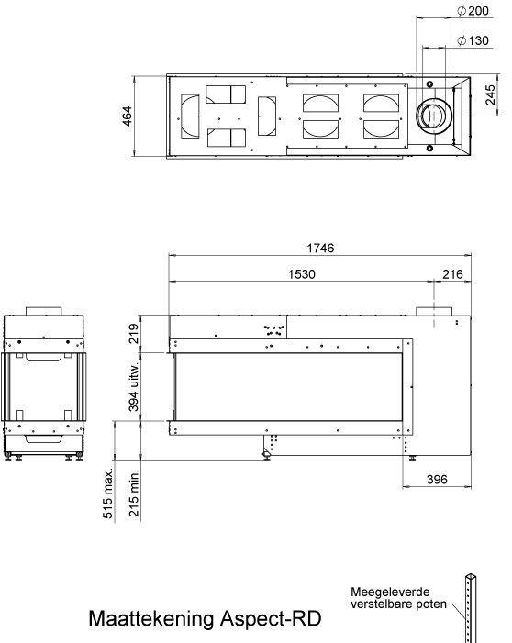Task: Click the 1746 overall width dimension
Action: pos(320,248)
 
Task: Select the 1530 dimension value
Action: pos(302,274)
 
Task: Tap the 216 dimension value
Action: pos(452,274)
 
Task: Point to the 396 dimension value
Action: pos(437,479)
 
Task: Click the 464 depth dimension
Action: pos(128,116)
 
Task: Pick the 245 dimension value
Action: pos(491,94)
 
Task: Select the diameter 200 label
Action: pos(473,11)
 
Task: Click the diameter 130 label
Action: pos(473,40)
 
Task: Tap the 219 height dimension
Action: pos(133,334)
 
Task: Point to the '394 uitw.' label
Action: pos(134,387)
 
